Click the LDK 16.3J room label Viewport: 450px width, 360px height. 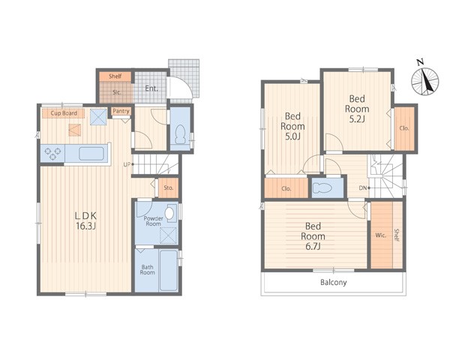[x=85, y=220]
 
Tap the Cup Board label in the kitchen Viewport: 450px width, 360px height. [x=64, y=113]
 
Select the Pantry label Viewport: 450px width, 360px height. [x=121, y=111]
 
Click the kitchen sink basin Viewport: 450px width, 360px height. [x=91, y=154]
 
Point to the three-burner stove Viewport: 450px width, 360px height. [x=52, y=153]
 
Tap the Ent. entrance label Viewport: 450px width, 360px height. [x=151, y=88]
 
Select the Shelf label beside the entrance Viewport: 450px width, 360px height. [x=115, y=76]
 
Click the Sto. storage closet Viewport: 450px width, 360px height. [x=169, y=187]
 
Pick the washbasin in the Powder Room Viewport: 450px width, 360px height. [x=170, y=213]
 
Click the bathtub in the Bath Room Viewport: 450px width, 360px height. [x=169, y=271]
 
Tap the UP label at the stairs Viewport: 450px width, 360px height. [x=126, y=165]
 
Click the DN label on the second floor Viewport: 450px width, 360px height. [x=363, y=188]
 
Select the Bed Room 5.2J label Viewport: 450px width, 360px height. [x=357, y=109]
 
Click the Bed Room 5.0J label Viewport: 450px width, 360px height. [x=292, y=126]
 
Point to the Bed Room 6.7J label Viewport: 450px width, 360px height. [x=313, y=236]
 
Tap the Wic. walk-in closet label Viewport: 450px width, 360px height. [x=380, y=235]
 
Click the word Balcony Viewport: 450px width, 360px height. [x=334, y=283]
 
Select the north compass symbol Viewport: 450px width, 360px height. [x=424, y=79]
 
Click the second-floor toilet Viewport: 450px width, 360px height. [x=322, y=188]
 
